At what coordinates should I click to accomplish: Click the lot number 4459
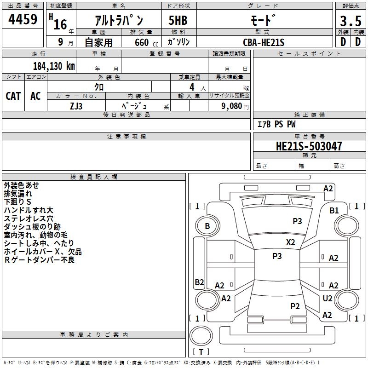click(x=23, y=19)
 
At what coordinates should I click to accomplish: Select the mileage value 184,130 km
click(x=54, y=66)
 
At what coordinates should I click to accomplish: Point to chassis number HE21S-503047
click(x=309, y=146)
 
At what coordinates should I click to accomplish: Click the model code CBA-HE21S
click(x=264, y=42)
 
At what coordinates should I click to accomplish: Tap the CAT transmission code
click(x=13, y=96)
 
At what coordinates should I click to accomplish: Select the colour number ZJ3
click(x=76, y=106)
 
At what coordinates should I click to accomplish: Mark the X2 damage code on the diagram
click(x=290, y=242)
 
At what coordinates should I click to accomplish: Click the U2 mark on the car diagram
click(x=327, y=298)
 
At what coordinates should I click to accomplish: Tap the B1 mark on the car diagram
click(x=334, y=210)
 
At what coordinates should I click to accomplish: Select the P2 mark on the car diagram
click(x=295, y=306)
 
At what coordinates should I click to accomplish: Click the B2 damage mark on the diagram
click(x=199, y=282)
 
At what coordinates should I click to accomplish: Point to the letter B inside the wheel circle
click(x=207, y=226)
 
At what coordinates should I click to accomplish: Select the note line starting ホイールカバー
click(x=43, y=252)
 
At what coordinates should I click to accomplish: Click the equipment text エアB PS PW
click(x=276, y=124)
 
